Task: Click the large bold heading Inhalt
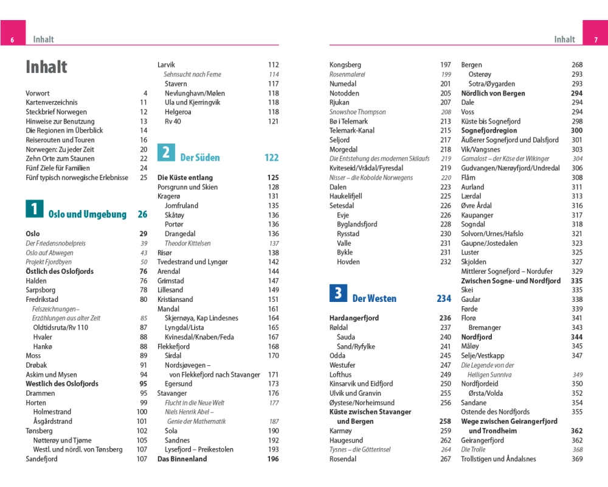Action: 46,67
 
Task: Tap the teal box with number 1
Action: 34,209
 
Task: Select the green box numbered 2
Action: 166,152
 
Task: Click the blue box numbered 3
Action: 338,293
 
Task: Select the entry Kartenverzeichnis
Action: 52,103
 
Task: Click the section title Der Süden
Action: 200,158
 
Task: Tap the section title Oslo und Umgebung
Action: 87,214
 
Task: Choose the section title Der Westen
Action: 374,298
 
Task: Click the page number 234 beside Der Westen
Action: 444,298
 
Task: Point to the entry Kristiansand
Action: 175,300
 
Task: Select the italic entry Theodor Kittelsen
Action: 187,243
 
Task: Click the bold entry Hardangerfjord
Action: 354,318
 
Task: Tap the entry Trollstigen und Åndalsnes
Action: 499,459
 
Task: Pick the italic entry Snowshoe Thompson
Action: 358,112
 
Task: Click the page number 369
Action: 577,459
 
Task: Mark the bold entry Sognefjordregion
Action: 489,131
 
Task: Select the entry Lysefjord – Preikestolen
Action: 199,450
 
